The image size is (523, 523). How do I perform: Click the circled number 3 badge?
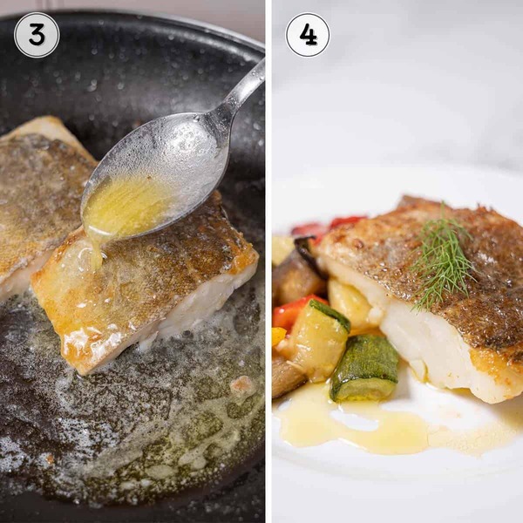[x=37, y=35]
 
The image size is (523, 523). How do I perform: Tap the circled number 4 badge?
[x=308, y=35]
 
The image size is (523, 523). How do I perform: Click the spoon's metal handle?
[x=237, y=90]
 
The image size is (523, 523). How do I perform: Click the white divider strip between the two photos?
[x=268, y=261]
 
